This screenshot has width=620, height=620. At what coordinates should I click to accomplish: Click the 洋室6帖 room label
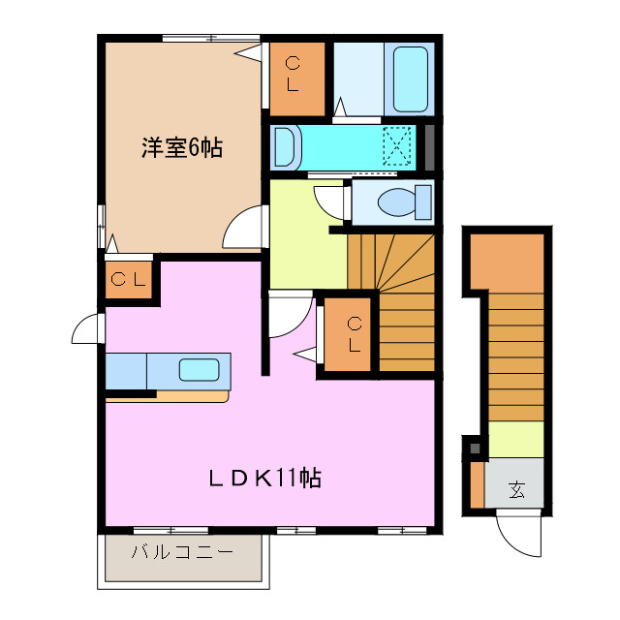pos(182,148)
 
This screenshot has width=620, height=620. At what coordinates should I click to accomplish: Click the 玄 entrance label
pos(517,490)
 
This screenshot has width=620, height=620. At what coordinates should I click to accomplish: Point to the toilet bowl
pos(396,202)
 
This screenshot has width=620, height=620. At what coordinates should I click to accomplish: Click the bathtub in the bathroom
pos(411,78)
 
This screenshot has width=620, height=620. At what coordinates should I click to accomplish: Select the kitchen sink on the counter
pos(200,369)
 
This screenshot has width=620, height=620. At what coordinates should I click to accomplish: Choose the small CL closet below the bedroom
pos(128,281)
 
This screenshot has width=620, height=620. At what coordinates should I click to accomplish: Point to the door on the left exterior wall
pos(87,329)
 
